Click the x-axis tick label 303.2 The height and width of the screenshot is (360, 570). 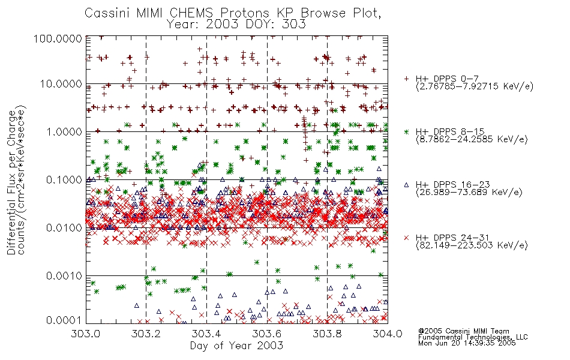pyautogui.click(x=146, y=334)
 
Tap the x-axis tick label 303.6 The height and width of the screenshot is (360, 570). pyautogui.click(x=267, y=334)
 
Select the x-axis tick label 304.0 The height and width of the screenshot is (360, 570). pyautogui.click(x=388, y=334)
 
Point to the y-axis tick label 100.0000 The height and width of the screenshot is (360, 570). pyautogui.click(x=58, y=38)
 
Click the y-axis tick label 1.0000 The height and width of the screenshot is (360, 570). pyautogui.click(x=64, y=131)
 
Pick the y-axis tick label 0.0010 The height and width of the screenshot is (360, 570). pyautogui.click(x=64, y=275)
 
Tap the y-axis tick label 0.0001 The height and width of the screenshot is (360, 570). pyautogui.click(x=64, y=320)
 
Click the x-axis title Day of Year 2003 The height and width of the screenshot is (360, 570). pyautogui.click(x=236, y=346)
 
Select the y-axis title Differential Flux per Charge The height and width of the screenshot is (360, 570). pyautogui.click(x=11, y=182)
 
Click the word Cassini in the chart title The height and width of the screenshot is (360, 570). pyautogui.click(x=108, y=13)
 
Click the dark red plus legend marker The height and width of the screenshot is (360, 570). pyautogui.click(x=406, y=79)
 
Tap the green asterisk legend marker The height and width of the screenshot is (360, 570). pyautogui.click(x=406, y=131)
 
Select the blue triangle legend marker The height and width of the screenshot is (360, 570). pyautogui.click(x=406, y=185)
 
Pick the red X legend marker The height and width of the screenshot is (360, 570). pyautogui.click(x=406, y=238)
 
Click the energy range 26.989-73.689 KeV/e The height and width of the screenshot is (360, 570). pyautogui.click(x=469, y=192)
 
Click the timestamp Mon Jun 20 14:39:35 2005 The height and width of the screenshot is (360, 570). pyautogui.click(x=467, y=343)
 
